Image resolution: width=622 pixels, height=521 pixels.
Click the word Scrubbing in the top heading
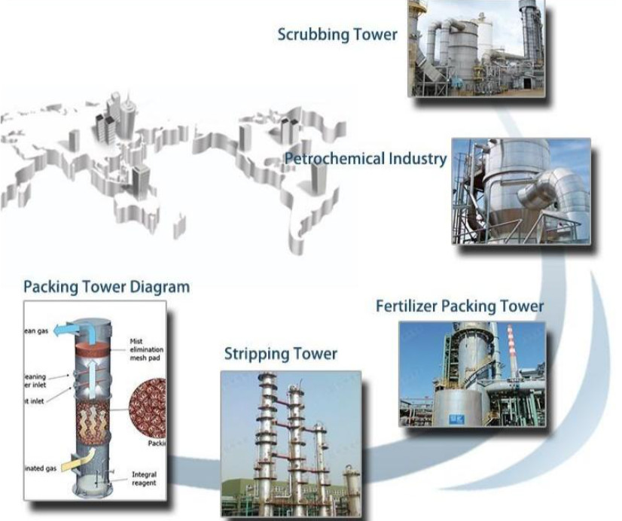point(312,35)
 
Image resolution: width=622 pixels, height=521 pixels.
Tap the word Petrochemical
point(335,159)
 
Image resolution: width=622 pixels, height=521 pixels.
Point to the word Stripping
point(255,354)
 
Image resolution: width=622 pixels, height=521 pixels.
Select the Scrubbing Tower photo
point(475,48)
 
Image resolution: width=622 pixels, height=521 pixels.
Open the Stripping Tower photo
point(290,443)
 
